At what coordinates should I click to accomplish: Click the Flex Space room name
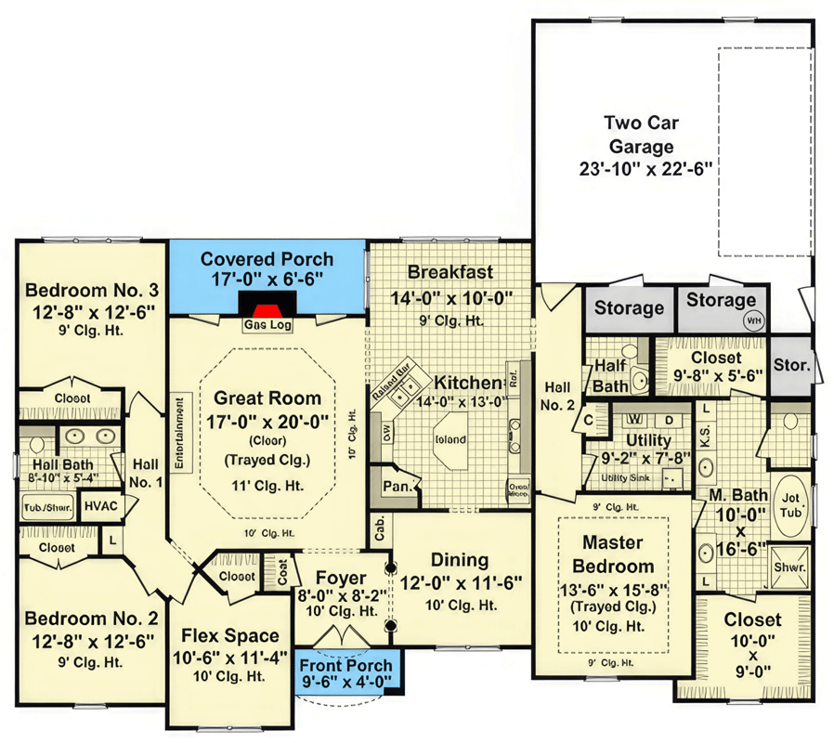229,636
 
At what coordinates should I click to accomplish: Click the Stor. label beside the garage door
791,365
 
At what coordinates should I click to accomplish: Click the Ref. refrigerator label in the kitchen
513,378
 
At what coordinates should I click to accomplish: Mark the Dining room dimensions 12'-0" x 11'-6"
461,582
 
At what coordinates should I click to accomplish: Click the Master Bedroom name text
618,554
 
